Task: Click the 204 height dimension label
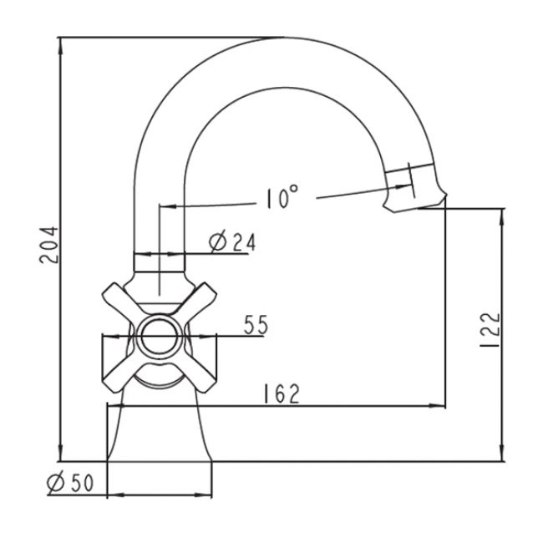click(49, 245)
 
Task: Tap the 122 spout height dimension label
click(491, 331)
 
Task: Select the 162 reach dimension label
click(282, 393)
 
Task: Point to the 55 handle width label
click(256, 325)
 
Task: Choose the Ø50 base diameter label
click(70, 482)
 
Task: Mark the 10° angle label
click(282, 196)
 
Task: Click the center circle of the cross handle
click(160, 337)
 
